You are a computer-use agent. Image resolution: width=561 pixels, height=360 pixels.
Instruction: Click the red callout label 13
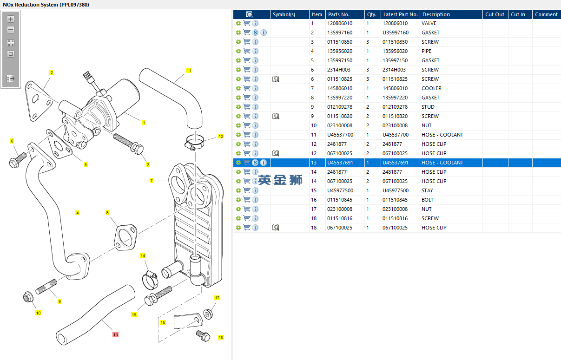click(x=115, y=334)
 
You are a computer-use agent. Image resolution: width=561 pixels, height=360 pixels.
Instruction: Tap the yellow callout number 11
click(x=189, y=71)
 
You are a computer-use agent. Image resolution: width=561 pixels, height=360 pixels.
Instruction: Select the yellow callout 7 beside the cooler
click(x=152, y=180)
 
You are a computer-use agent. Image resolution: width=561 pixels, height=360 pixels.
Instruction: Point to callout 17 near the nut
click(x=217, y=298)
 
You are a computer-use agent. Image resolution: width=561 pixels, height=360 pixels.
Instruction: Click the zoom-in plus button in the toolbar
click(x=11, y=20)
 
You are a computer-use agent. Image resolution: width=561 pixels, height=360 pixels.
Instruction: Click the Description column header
click(x=436, y=14)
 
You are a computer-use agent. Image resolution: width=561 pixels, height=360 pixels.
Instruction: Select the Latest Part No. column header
click(x=400, y=14)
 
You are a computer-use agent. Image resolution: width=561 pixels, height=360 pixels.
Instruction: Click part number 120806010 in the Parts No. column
click(x=340, y=23)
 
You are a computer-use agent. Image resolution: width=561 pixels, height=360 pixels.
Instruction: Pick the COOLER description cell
click(x=431, y=88)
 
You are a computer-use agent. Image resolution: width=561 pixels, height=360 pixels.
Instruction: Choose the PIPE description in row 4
click(x=426, y=51)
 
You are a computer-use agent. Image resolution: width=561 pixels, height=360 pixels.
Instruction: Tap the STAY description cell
click(x=427, y=190)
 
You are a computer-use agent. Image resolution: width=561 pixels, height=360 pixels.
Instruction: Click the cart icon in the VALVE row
click(x=247, y=23)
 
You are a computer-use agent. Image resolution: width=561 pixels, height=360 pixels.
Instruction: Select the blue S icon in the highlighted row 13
click(x=255, y=163)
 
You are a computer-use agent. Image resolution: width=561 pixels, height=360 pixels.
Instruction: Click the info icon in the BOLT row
click(x=255, y=200)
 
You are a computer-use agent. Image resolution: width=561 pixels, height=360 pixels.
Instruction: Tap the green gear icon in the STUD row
click(x=238, y=107)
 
